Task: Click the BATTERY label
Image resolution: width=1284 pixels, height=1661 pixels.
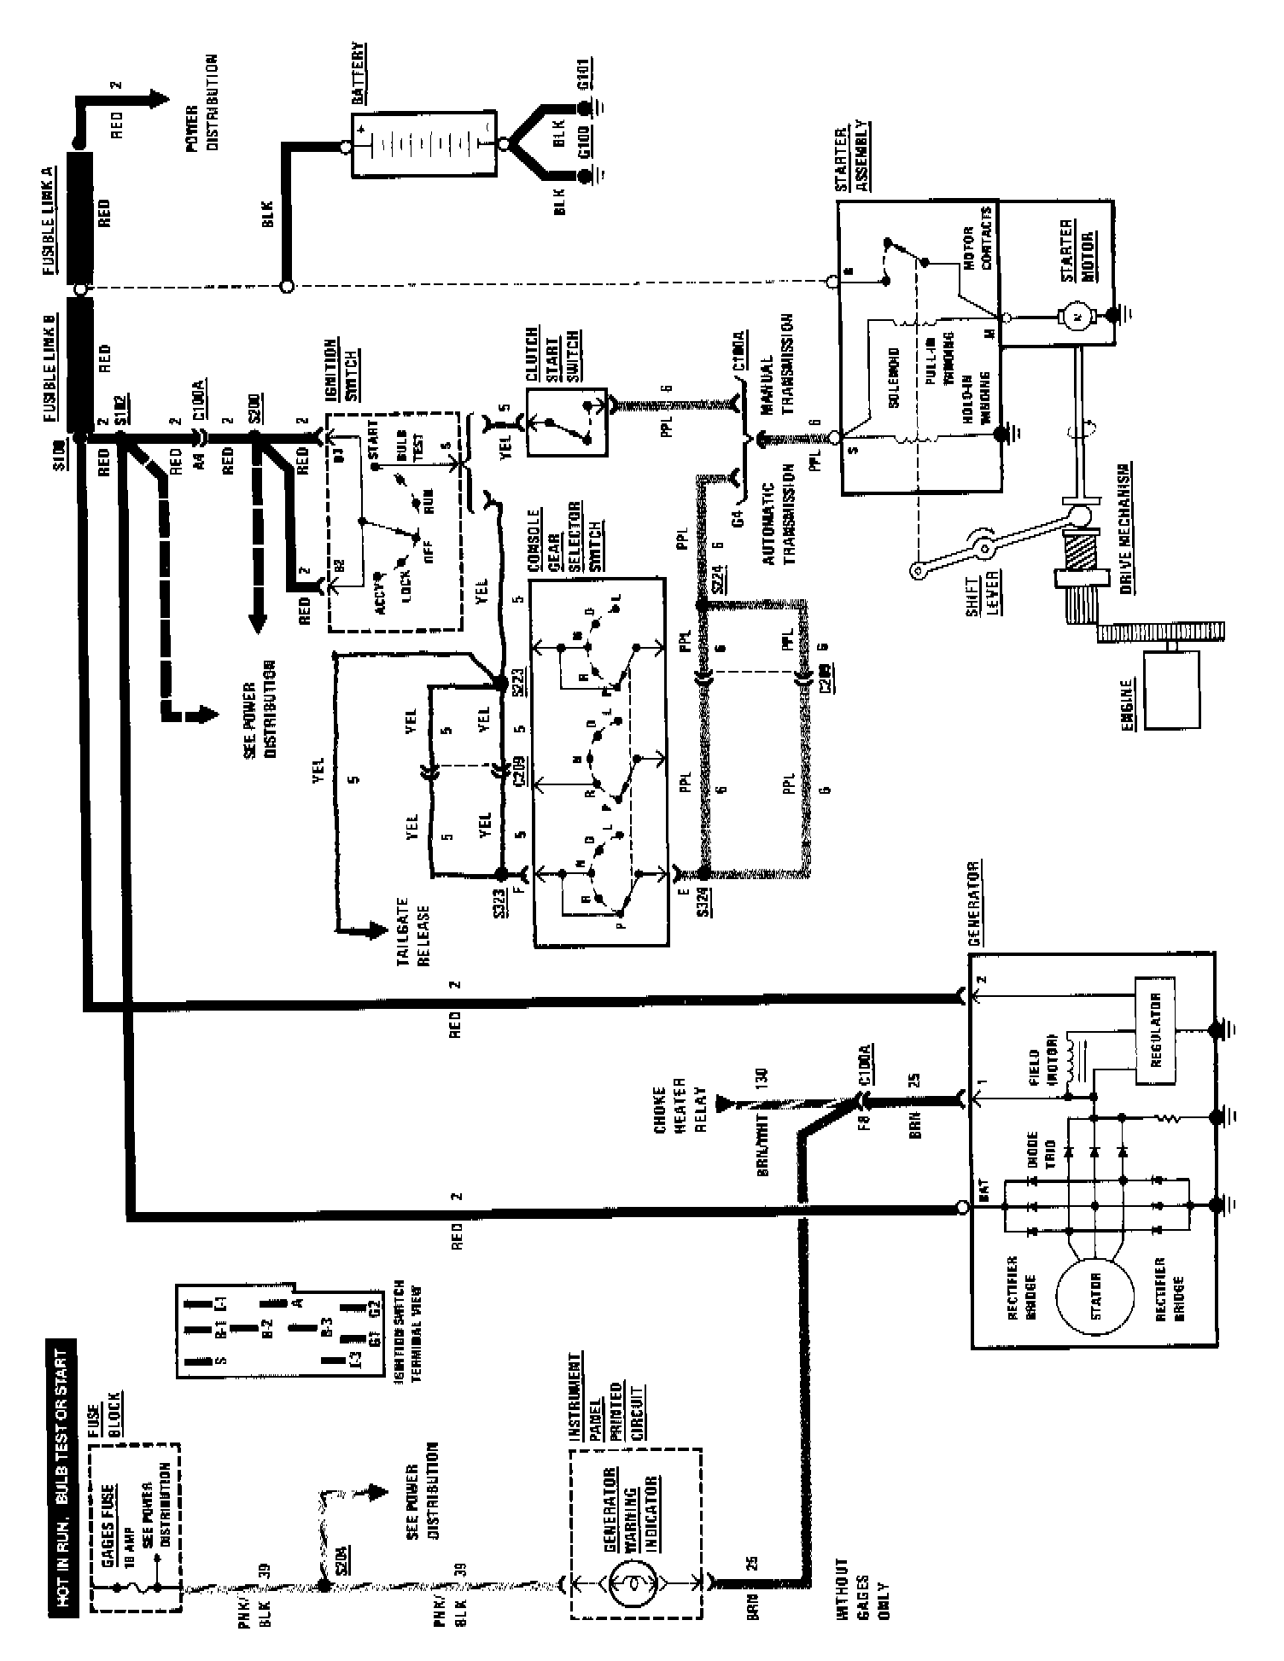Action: tap(359, 74)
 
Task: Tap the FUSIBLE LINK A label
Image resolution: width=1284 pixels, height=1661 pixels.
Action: tap(49, 220)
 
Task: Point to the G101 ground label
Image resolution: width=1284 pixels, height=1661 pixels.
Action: tap(586, 83)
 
